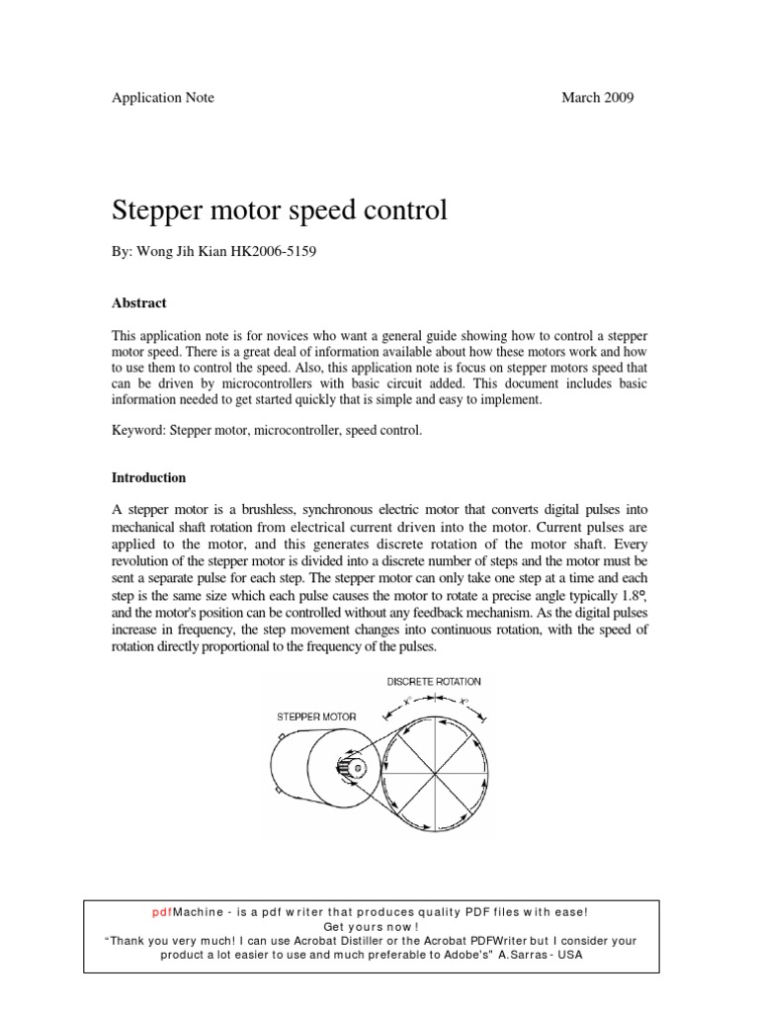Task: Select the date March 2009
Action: coord(598,98)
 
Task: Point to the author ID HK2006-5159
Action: coord(276,253)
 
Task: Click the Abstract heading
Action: coord(138,303)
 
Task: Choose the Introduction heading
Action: coord(148,477)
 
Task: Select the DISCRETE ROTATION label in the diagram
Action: coord(436,681)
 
